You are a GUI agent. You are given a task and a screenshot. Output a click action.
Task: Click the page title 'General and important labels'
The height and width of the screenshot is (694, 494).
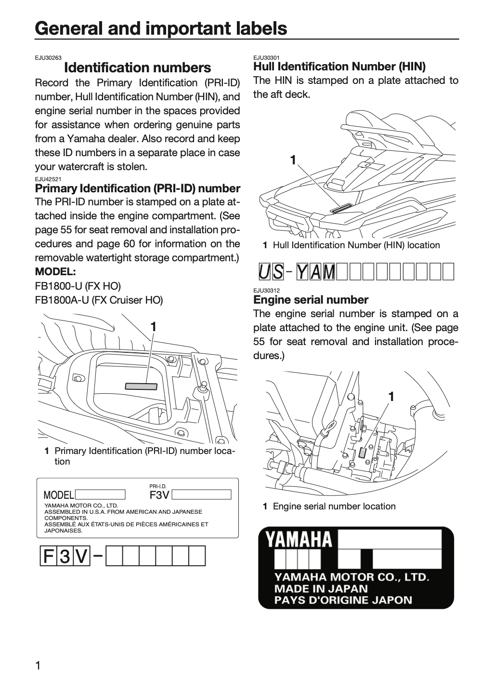(161, 28)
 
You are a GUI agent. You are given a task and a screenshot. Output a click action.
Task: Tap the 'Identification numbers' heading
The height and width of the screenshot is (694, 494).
(137, 67)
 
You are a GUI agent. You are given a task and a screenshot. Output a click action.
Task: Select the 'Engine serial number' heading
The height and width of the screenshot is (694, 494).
(311, 300)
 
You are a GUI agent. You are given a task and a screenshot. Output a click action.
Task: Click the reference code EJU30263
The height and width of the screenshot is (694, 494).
(48, 58)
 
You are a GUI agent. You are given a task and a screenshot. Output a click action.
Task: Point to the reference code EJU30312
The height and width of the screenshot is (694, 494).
(266, 290)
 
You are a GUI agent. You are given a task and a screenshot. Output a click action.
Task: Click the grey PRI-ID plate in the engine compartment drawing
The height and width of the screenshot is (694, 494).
(141, 387)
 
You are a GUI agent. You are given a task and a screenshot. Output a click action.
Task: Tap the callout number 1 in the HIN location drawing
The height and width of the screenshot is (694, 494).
(293, 160)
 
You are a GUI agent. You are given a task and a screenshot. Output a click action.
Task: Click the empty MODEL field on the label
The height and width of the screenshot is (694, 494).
(100, 494)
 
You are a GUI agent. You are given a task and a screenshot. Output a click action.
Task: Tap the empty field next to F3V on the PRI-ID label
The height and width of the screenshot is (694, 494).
(201, 494)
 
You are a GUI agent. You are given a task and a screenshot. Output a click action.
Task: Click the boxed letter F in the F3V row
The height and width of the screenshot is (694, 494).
(48, 556)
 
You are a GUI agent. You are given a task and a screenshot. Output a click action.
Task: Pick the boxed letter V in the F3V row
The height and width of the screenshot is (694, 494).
(81, 556)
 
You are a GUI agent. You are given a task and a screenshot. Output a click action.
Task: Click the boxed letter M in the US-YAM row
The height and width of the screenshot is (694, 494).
(329, 272)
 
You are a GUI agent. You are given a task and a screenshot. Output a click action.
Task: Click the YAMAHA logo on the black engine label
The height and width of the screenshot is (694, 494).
(299, 539)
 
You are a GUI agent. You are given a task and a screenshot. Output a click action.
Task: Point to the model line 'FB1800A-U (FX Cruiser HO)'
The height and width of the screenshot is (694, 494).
(99, 300)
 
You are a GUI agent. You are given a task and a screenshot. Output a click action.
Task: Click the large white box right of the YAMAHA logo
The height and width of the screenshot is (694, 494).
(390, 539)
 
